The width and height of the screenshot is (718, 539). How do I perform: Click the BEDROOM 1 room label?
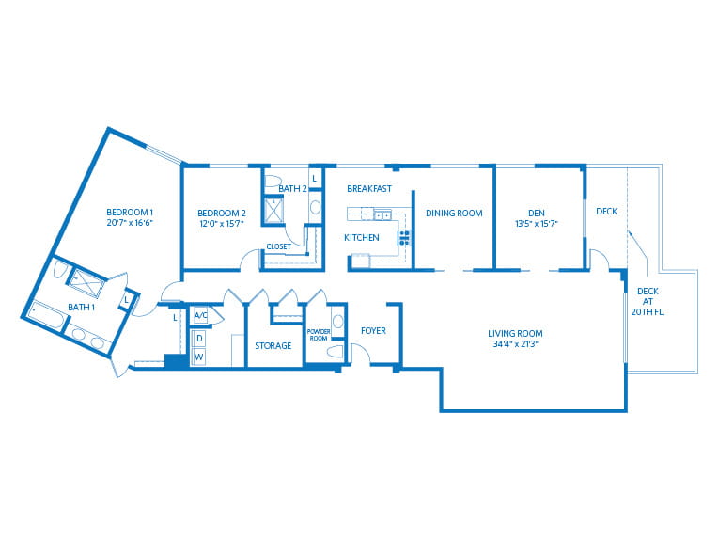click(130, 213)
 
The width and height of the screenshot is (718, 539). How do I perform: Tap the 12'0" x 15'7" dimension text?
click(222, 224)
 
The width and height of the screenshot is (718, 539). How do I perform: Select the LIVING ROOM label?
click(515, 334)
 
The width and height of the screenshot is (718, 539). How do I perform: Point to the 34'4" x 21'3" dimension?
click(515, 344)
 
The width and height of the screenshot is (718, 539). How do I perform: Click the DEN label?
click(537, 214)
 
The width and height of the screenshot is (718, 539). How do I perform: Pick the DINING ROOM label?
click(454, 214)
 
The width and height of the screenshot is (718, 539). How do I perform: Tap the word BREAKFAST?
click(369, 188)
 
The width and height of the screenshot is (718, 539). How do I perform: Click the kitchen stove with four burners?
click(404, 238)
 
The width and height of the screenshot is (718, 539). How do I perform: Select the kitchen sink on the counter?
click(382, 214)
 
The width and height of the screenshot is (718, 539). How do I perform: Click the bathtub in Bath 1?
click(46, 315)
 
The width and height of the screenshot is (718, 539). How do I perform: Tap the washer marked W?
click(199, 357)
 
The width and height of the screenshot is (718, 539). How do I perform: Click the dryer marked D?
click(199, 339)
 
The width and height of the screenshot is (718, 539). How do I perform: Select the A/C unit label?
click(200, 315)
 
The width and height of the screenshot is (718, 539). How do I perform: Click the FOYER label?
click(373, 330)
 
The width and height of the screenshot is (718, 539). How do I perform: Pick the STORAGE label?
click(273, 345)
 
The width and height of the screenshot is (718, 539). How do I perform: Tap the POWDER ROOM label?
click(319, 335)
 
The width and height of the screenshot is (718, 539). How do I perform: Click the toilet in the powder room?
click(335, 352)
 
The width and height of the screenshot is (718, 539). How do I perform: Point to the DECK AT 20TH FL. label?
click(648, 302)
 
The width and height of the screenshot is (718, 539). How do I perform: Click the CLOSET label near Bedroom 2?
click(278, 246)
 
